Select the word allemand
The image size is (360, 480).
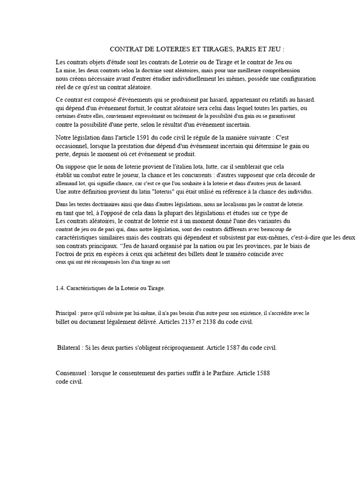click(x=67, y=183)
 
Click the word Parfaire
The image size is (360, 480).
click(x=220, y=374)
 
